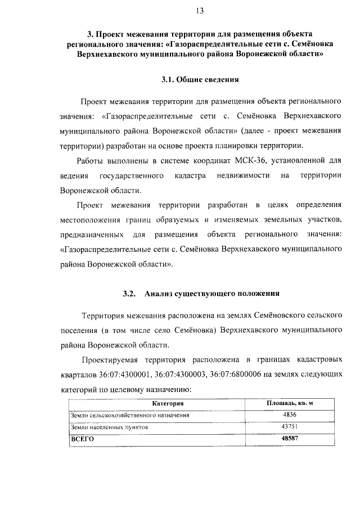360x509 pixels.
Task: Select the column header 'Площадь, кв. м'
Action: pos(289,404)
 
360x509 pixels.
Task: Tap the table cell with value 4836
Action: pos(289,415)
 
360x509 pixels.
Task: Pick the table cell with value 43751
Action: pos(289,426)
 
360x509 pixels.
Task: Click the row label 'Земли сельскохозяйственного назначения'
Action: pos(129,416)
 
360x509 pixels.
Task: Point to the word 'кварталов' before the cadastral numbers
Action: pos(78,373)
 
